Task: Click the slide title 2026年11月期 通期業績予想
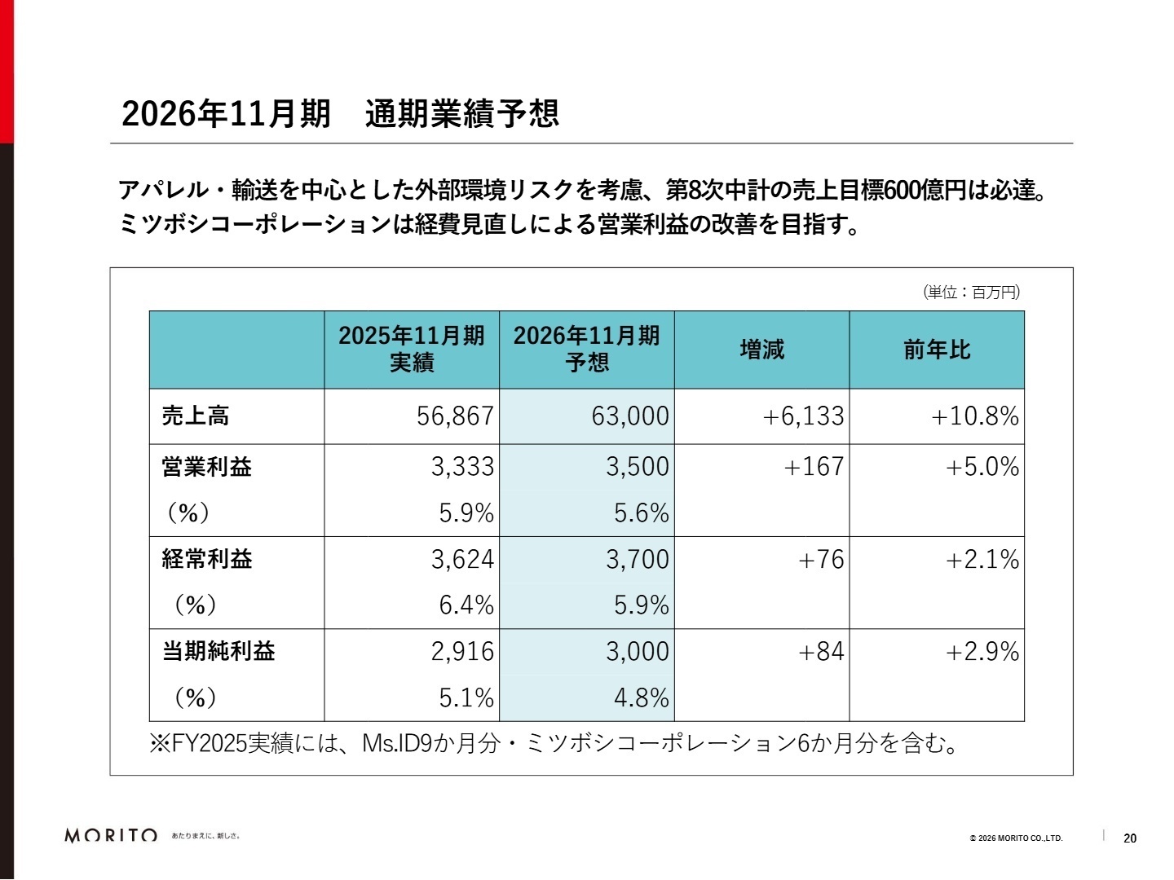pyautogui.click(x=340, y=113)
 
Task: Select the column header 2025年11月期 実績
pyautogui.click(x=412, y=350)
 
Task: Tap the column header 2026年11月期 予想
pyautogui.click(x=587, y=350)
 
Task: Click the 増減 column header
pyautogui.click(x=761, y=350)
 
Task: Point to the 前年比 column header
pyautogui.click(x=937, y=350)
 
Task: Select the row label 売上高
pyautogui.click(x=196, y=416)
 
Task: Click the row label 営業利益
pyautogui.click(x=207, y=467)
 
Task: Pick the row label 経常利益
pyautogui.click(x=207, y=559)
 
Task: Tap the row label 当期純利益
pyautogui.click(x=218, y=651)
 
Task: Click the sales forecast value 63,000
pyautogui.click(x=630, y=416)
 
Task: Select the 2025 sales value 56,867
pyautogui.click(x=455, y=416)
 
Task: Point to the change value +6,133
pyautogui.click(x=803, y=416)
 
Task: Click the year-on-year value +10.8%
pyautogui.click(x=975, y=416)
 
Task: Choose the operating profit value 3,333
pyautogui.click(x=462, y=467)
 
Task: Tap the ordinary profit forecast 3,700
pyautogui.click(x=637, y=559)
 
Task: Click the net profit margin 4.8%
pyautogui.click(x=641, y=697)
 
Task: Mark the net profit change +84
pyautogui.click(x=821, y=651)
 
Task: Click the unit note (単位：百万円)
pyautogui.click(x=971, y=292)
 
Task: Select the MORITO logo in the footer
pyautogui.click(x=111, y=836)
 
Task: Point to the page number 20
pyautogui.click(x=1130, y=838)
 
